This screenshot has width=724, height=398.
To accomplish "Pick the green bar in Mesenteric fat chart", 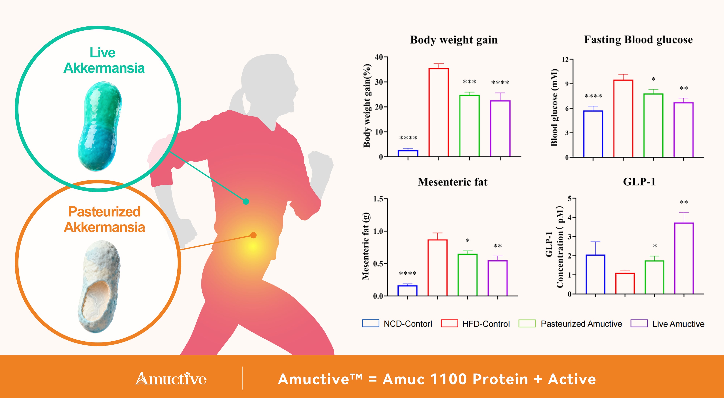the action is (467, 275).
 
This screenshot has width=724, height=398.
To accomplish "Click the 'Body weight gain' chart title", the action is (454, 40).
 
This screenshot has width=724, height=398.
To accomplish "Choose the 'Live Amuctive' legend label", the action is (678, 324).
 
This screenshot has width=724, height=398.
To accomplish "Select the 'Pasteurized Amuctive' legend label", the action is (581, 324).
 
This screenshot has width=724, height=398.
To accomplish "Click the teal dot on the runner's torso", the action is (246, 201).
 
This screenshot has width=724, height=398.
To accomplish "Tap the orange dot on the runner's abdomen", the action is (253, 235).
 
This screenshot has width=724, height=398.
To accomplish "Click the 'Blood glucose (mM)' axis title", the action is (554, 107).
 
